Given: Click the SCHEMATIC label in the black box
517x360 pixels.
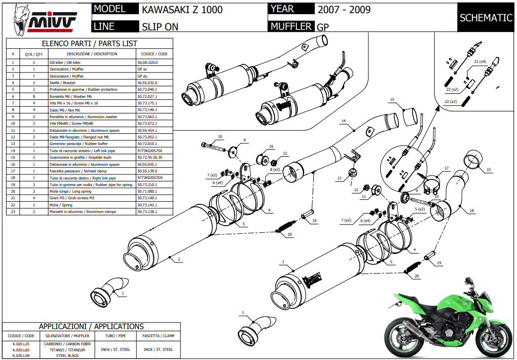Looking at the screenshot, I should tap(486, 18).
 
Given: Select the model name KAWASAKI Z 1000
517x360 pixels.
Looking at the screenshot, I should tap(181, 10).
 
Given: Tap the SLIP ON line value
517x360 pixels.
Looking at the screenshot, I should tap(160, 27).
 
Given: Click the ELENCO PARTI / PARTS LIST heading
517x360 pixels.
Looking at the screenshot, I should tap(89, 44).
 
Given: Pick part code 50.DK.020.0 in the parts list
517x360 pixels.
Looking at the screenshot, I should tap(148, 62).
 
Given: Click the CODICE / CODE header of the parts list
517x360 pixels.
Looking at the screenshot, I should tap(154, 54).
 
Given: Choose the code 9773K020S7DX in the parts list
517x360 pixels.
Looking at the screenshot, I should tap(150, 178).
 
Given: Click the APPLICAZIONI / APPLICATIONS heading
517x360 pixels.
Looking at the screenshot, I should tap(92, 327).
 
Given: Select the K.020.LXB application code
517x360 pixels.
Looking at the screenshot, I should tap(21, 355).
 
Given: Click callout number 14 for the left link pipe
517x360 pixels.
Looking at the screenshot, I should tap(343, 121).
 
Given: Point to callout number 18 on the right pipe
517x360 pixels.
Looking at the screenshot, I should tap(471, 210).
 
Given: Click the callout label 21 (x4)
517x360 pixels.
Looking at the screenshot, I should tap(479, 61).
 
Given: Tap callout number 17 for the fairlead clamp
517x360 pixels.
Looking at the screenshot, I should tap(447, 168).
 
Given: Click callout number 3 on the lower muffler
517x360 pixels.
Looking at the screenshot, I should tap(284, 262).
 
